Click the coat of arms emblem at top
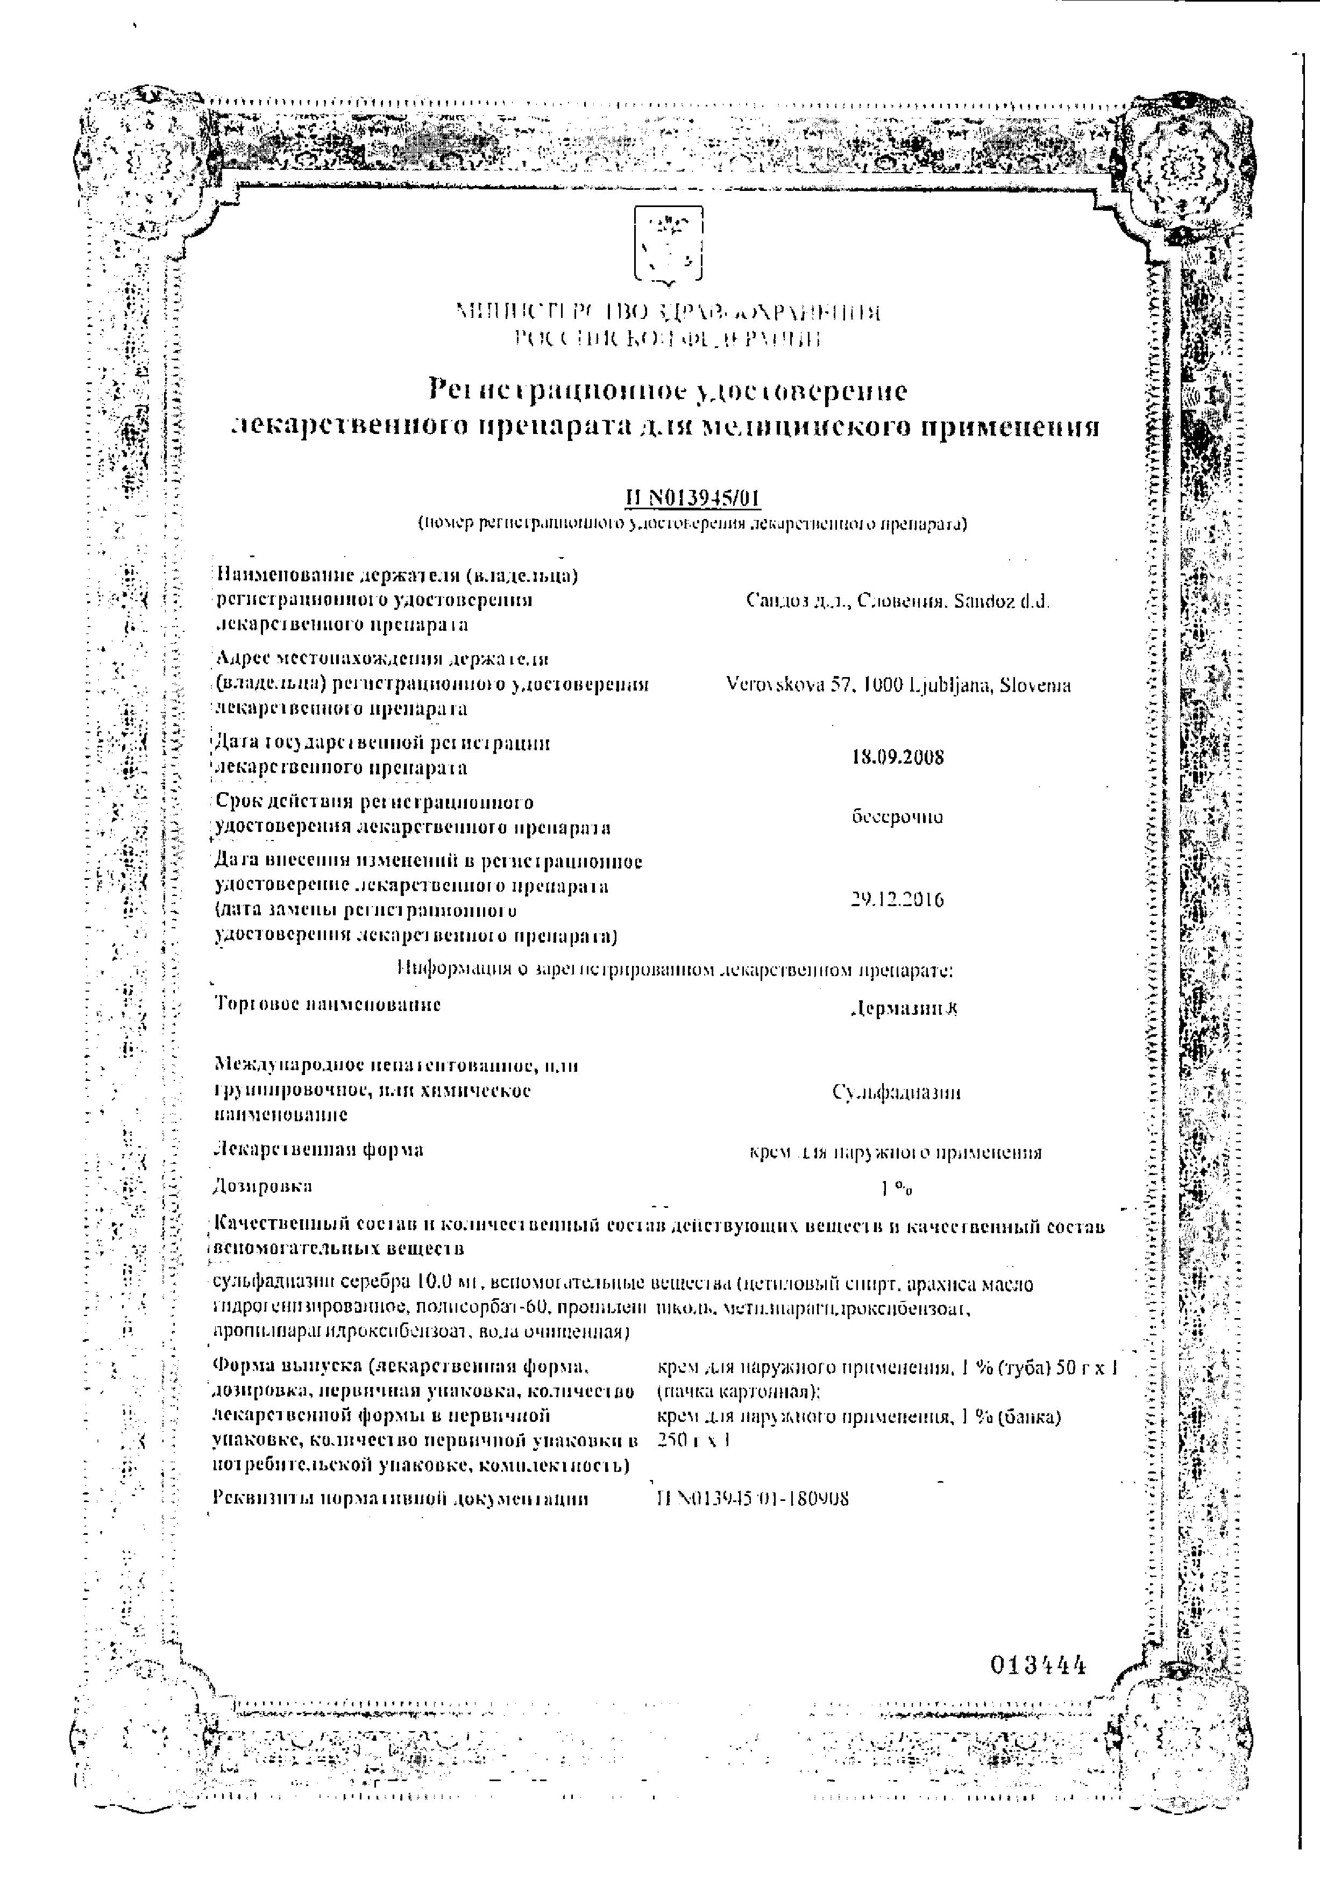coord(668,244)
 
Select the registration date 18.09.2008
coord(897,757)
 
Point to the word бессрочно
coord(897,817)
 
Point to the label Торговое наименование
coord(328,1004)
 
